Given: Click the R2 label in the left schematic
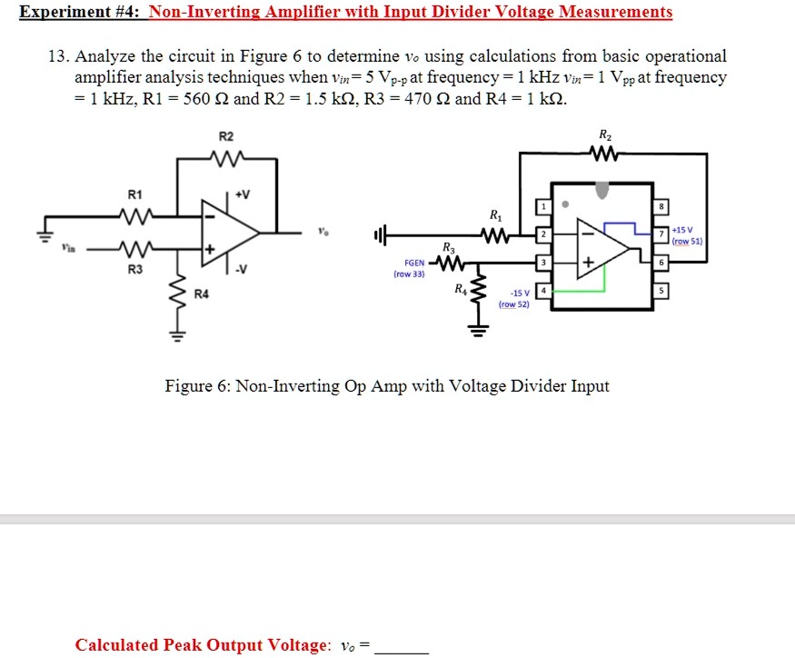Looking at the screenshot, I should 226,136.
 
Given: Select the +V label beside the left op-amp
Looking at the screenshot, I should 243,194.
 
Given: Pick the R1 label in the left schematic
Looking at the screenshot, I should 134,194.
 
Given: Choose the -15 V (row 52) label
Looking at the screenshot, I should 514,298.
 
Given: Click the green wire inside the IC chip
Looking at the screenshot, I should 581,290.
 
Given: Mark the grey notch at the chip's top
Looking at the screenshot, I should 601,190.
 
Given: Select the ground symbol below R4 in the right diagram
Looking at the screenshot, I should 472,328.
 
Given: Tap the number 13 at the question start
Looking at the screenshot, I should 57,56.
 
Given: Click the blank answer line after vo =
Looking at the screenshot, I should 401,646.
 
